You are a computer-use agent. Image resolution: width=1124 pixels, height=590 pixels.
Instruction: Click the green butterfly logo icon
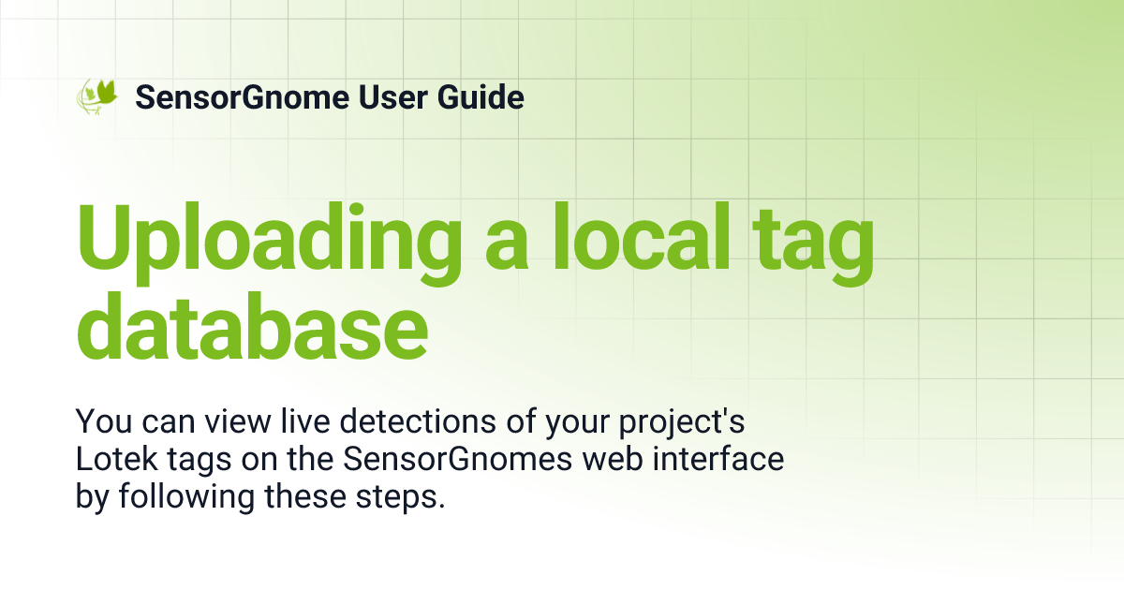[97, 96]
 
